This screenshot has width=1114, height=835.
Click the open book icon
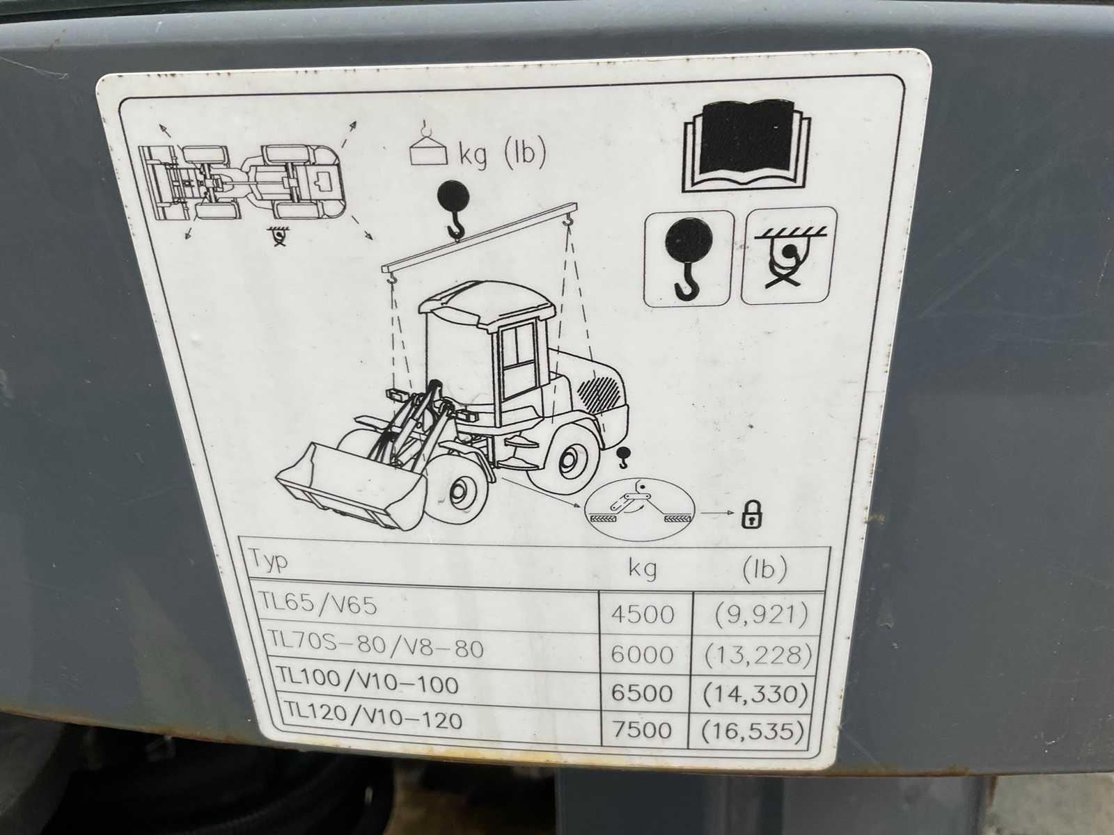pyautogui.click(x=746, y=145)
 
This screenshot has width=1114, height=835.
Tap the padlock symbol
pyautogui.click(x=753, y=514)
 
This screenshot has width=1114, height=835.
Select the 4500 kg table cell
pyautogui.click(x=642, y=614)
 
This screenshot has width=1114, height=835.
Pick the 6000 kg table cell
pyautogui.click(x=642, y=655)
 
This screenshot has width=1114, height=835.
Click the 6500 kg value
pyautogui.click(x=642, y=692)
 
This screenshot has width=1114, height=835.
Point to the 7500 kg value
pyautogui.click(x=642, y=730)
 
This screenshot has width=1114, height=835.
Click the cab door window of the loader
pyautogui.click(x=518, y=351)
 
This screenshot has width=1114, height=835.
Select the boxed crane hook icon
pyautogui.click(x=688, y=259)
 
